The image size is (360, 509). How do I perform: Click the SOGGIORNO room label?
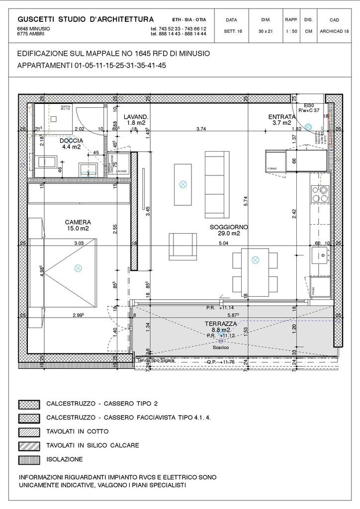(x=229, y=227)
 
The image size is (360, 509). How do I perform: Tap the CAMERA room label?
(x=78, y=222)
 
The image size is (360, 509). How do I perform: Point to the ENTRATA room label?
(x=282, y=117)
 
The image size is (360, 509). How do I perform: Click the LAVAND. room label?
(x=136, y=116)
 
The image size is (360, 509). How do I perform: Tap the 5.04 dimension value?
(x=224, y=244)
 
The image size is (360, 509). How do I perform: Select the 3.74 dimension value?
(x=201, y=129)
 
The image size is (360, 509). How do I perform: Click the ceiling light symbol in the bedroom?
(x=78, y=268)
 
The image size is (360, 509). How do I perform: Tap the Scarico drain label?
(x=222, y=347)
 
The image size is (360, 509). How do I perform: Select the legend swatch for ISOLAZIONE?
(x=28, y=459)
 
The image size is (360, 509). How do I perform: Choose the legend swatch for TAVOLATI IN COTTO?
(x=28, y=431)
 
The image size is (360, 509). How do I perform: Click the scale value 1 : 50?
(x=291, y=31)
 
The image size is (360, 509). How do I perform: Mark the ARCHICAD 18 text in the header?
(x=334, y=31)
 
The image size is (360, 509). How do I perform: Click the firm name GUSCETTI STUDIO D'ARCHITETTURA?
(x=86, y=19)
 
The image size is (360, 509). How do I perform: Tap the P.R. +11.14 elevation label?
(x=220, y=308)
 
